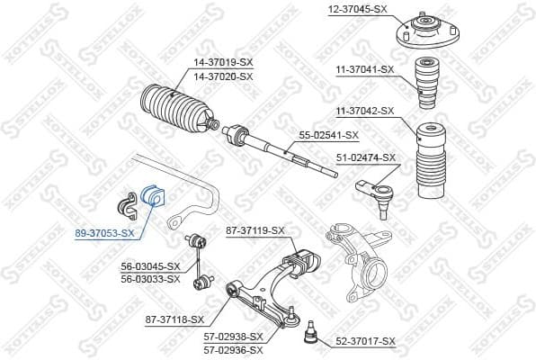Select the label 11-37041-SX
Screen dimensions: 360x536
[x=366, y=68]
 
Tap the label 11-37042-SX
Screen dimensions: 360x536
[x=366, y=111]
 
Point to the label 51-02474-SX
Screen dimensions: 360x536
[x=366, y=157]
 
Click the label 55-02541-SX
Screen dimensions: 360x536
[x=329, y=135]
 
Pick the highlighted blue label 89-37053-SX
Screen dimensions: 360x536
[x=104, y=233]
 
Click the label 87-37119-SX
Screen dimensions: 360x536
[x=255, y=231]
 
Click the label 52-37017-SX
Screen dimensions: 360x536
[x=366, y=341]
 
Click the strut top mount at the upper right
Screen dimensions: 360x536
[x=422, y=37]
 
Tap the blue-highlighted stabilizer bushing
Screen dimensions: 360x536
[x=150, y=195]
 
